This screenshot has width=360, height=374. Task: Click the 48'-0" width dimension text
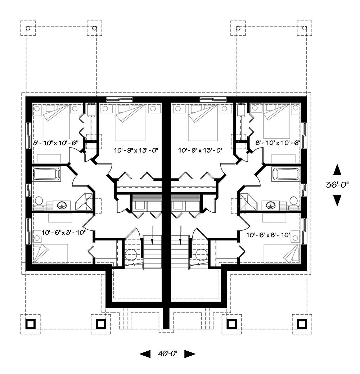167,354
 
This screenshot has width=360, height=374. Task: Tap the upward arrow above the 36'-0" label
337,170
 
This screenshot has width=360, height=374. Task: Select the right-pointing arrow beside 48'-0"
189,354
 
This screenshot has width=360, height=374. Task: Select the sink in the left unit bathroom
63,205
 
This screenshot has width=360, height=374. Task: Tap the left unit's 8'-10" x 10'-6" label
55,143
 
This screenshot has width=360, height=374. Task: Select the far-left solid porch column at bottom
31,324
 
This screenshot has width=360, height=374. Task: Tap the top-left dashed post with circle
28,28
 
